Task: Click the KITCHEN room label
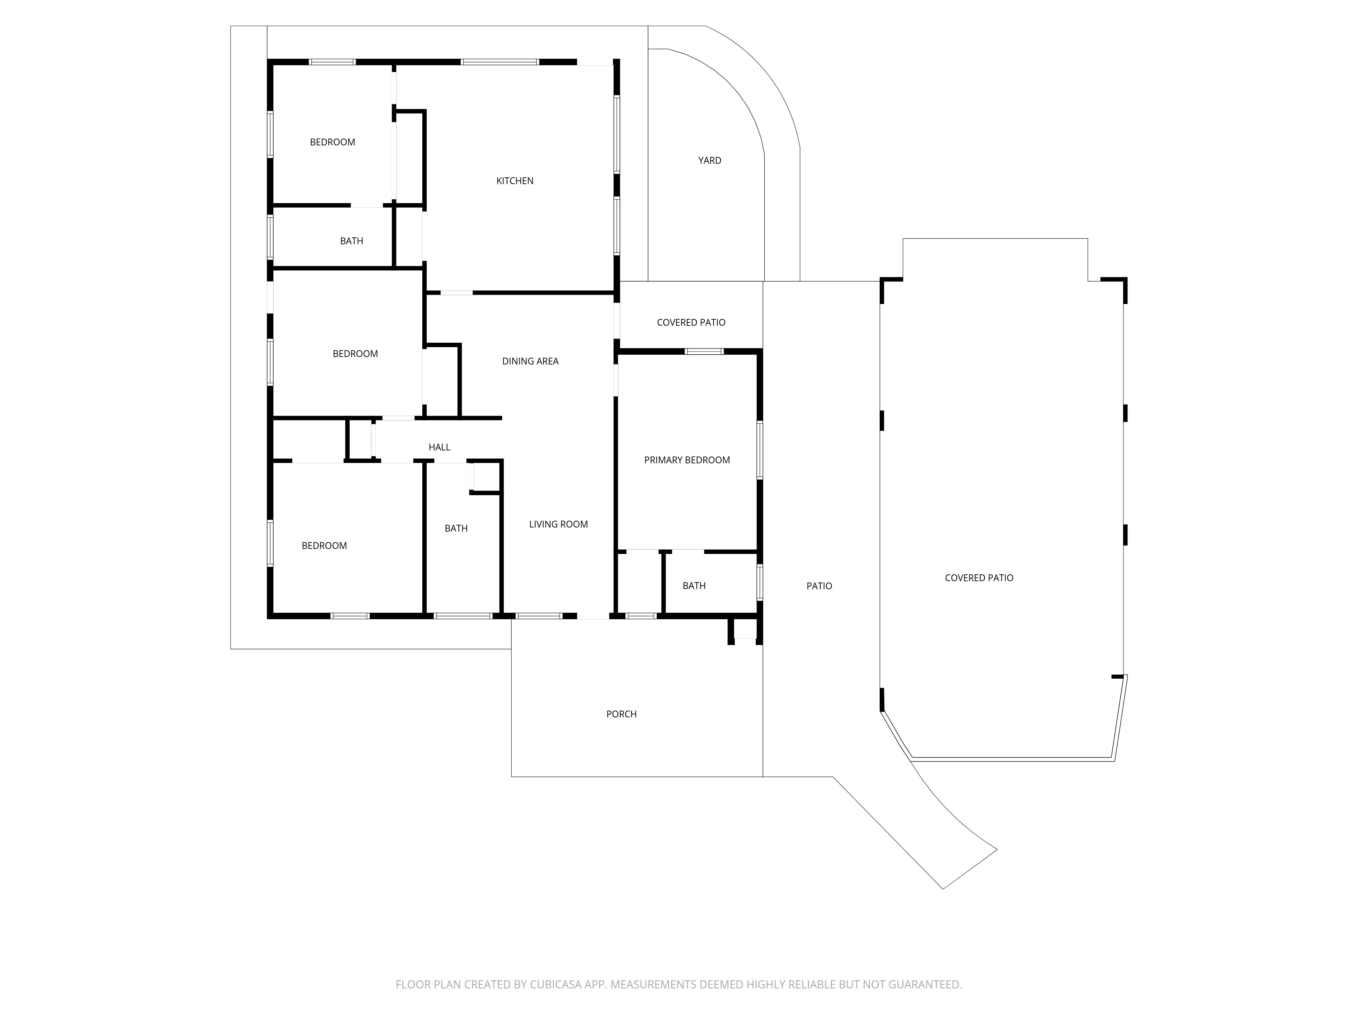514,181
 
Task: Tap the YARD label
710,160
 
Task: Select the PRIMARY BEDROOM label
687,460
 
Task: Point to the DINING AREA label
530,361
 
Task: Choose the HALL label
440,447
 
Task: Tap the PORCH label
621,714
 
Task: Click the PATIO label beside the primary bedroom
819,586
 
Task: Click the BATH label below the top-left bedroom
352,241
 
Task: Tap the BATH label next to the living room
456,528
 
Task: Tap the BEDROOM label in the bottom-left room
324,546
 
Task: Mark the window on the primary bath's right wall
759,582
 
